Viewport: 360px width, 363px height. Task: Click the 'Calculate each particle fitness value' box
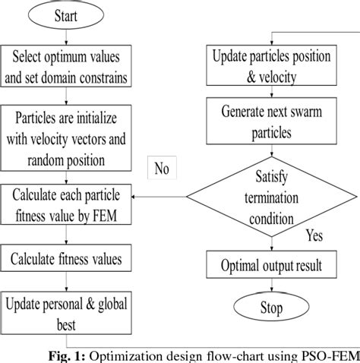click(x=67, y=207)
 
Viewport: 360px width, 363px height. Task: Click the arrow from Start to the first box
click(x=68, y=36)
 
